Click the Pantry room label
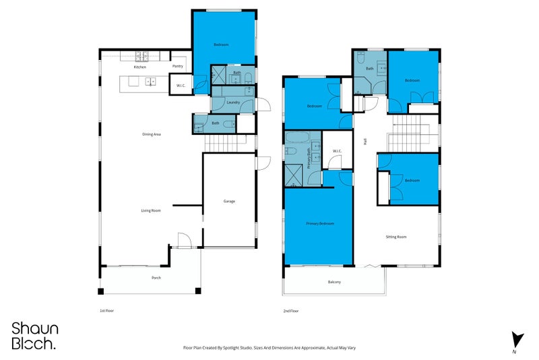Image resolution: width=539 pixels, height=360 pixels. tap(178, 66)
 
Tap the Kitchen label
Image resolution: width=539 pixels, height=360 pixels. tap(140, 67)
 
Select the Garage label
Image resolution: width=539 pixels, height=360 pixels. tap(229, 201)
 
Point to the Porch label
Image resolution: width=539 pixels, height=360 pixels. tap(156, 278)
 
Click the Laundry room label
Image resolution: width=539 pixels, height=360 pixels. tap(234, 102)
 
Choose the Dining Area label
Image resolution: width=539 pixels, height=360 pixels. tap(151, 134)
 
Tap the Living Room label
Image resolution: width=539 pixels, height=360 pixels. tap(150, 211)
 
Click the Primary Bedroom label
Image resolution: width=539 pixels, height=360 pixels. tap(320, 223)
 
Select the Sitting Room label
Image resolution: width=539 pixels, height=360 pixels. tap(396, 237)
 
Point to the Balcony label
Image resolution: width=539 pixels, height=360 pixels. tap(334, 282)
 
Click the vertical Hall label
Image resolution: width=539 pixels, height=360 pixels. tap(364, 141)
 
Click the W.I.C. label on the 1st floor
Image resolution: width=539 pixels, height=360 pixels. tap(181, 86)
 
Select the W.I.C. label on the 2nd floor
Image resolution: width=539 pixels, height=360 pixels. tap(337, 151)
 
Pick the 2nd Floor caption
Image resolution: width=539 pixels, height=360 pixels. tap(291, 311)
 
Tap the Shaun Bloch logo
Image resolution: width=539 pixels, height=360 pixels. tap(34, 336)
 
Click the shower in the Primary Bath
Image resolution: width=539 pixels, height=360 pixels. tap(294, 175)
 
